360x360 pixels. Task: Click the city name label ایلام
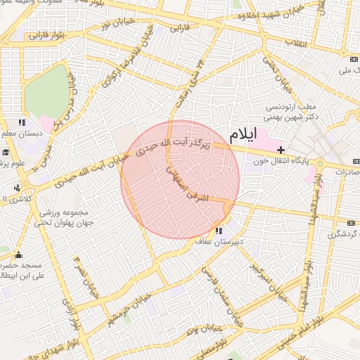243,133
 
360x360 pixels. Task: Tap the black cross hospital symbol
281,150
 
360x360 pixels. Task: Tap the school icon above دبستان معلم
23,122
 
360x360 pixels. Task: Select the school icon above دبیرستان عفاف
219,231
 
